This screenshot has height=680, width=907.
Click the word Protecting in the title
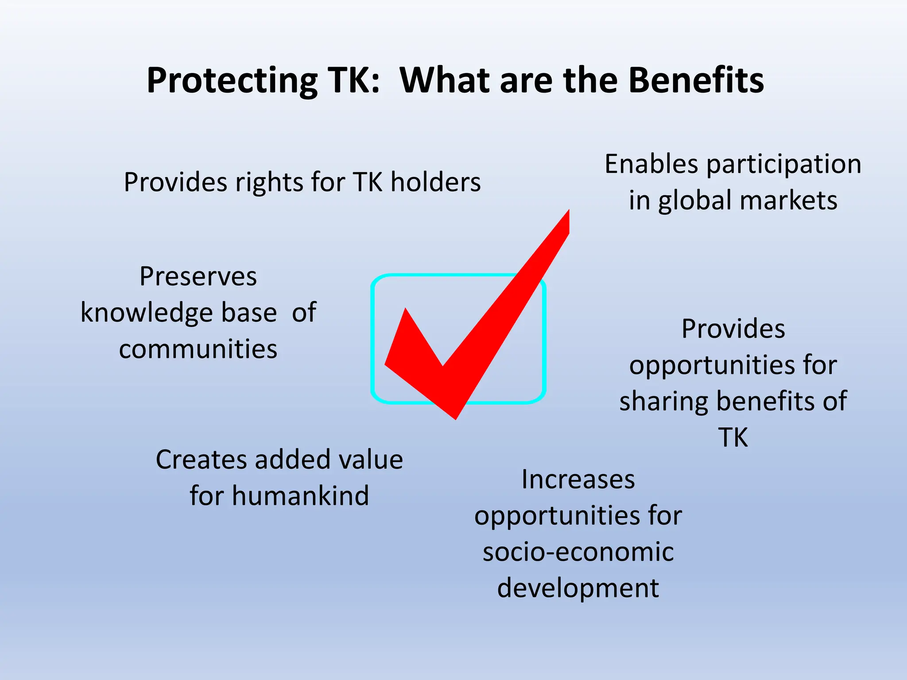coord(232,81)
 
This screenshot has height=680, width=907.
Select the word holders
coord(435,182)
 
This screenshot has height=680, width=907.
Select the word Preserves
coord(198,277)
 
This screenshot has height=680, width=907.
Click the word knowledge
coord(147,313)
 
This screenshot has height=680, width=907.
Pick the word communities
coord(198,349)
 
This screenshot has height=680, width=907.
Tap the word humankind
coord(300,496)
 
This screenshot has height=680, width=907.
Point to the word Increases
coord(578,479)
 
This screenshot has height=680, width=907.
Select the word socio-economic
coord(578,552)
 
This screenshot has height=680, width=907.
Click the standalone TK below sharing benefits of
coord(733,437)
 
